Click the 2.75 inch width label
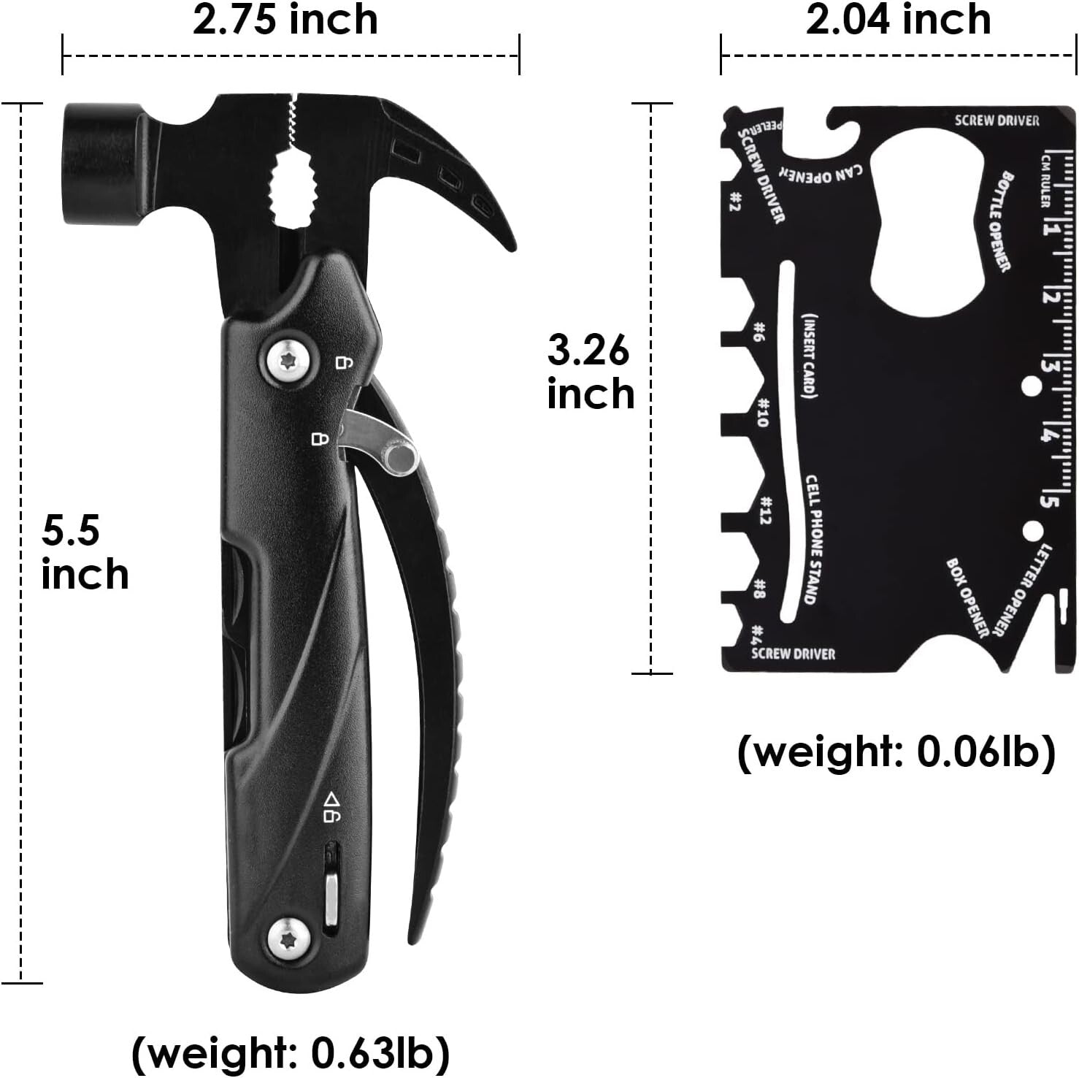point(285,20)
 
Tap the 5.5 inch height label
point(84,552)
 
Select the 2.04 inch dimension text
point(898,20)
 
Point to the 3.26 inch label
point(590,372)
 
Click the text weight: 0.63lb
point(290,1052)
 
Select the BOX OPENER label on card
point(967,597)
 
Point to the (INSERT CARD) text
point(809,354)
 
